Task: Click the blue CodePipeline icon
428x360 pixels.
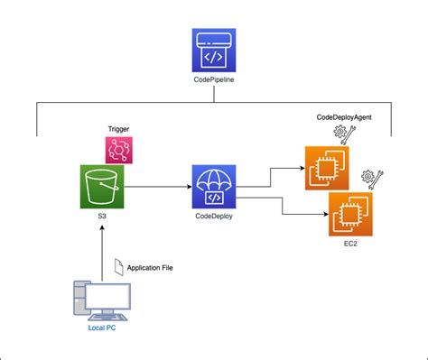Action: [x=213, y=52]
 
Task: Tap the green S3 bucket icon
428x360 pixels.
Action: [x=102, y=187]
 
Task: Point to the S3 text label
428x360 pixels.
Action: [x=102, y=219]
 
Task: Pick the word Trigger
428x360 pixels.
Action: [x=118, y=130]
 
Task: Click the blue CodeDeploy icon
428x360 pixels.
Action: [x=214, y=187]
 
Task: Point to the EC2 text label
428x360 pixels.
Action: [x=349, y=245]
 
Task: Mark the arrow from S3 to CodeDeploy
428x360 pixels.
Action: [x=158, y=188]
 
